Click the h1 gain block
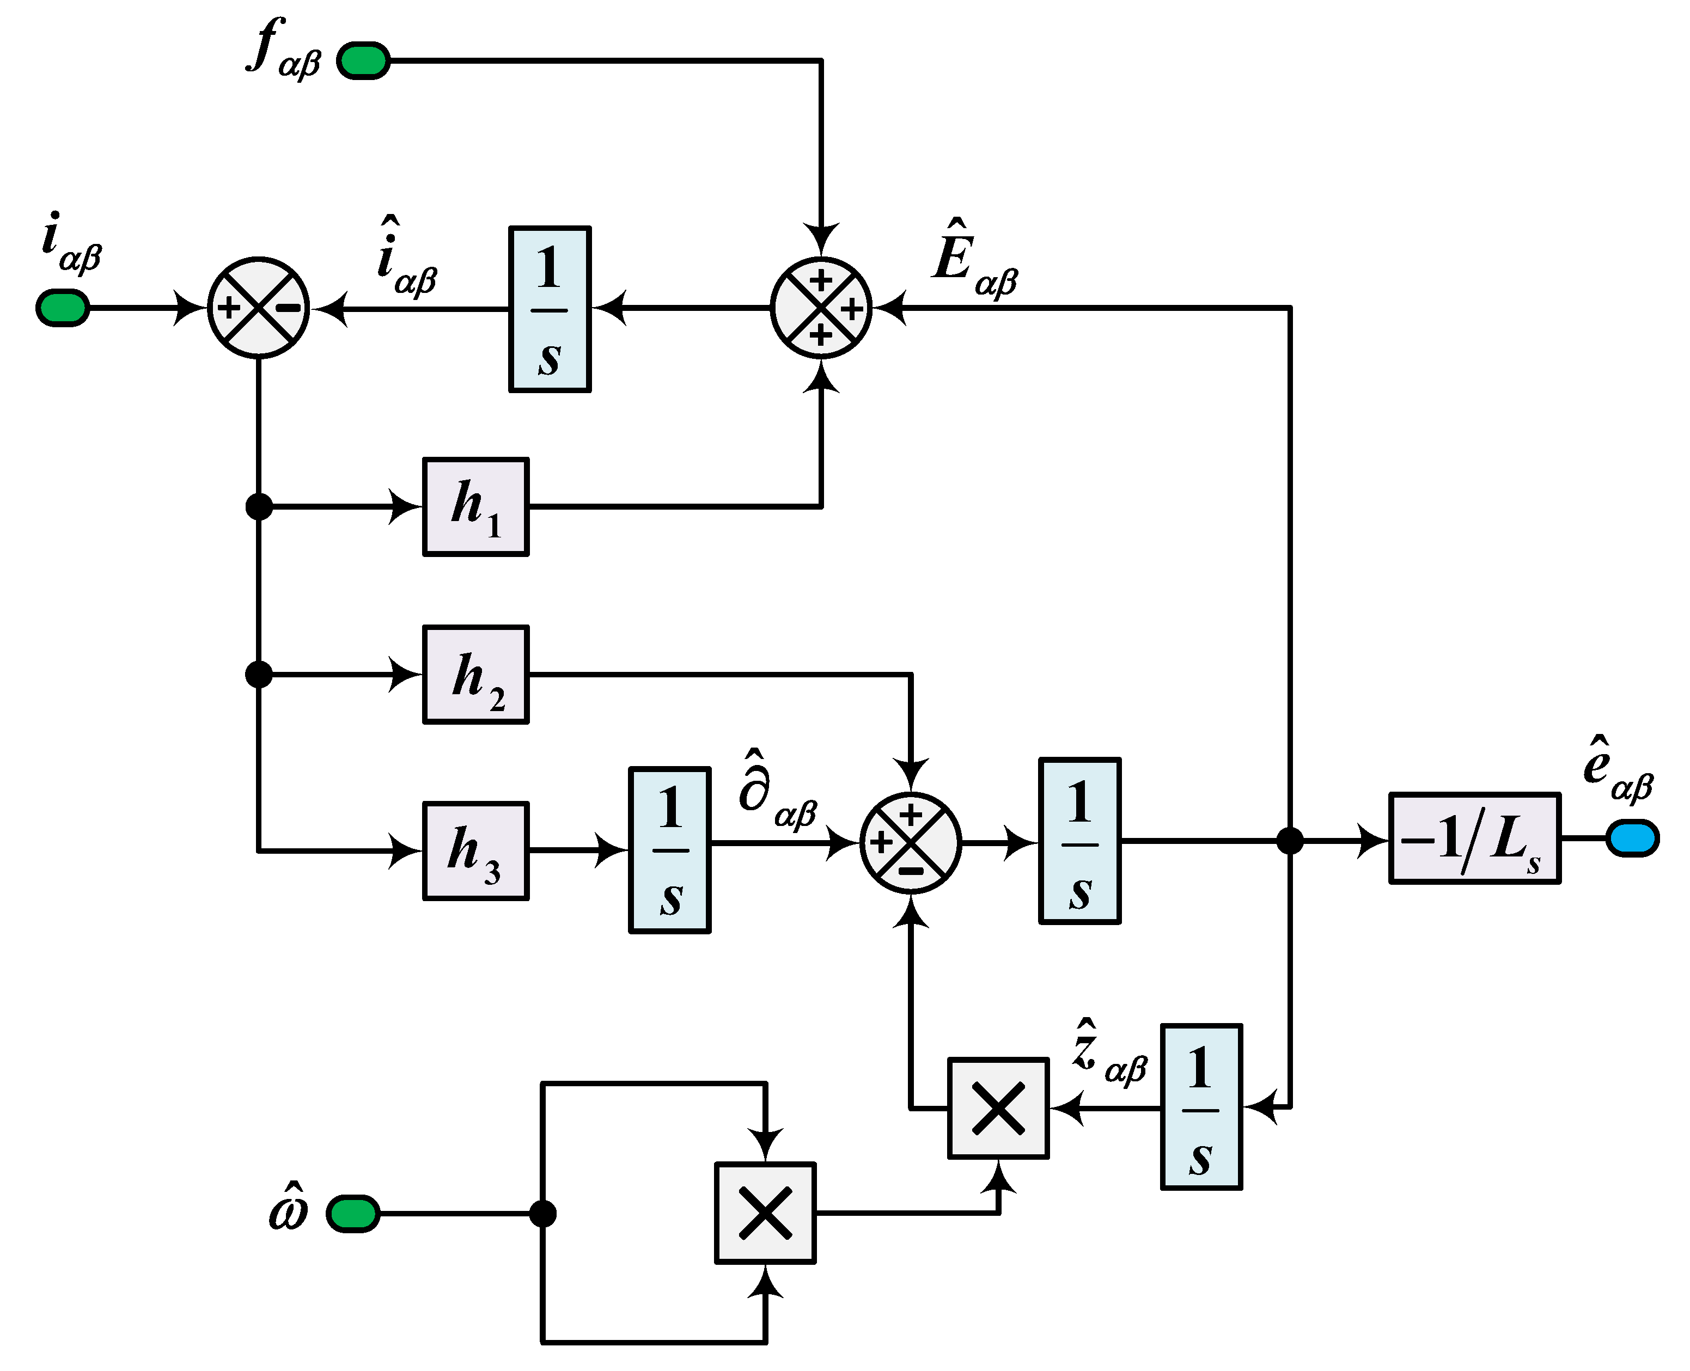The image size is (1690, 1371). click(x=475, y=507)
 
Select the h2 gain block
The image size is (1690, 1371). click(x=475, y=675)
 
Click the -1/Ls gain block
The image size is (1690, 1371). click(x=1474, y=838)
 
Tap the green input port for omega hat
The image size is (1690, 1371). click(x=353, y=1214)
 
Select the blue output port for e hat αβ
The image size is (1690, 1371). click(x=1632, y=838)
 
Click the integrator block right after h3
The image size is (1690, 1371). click(x=669, y=850)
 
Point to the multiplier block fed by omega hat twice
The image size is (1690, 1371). click(x=765, y=1213)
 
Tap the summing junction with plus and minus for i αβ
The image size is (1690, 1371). click(x=258, y=308)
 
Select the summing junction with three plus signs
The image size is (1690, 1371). click(x=821, y=308)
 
